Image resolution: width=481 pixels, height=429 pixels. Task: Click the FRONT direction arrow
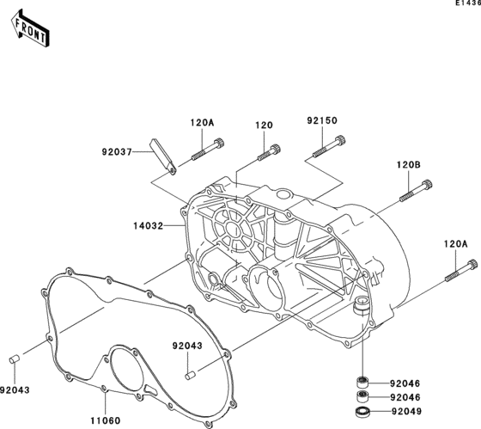pos(30,28)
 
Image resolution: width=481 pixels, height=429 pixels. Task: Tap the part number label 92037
pos(117,151)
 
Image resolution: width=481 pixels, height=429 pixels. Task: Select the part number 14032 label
pos(148,226)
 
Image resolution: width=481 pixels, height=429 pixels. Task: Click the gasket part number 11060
pos(106,420)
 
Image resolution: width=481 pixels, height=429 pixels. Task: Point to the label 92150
pos(322,120)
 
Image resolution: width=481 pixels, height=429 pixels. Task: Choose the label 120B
pos(409,165)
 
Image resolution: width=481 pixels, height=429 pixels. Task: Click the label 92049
pos(406,411)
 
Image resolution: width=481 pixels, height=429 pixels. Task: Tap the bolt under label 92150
pos(329,146)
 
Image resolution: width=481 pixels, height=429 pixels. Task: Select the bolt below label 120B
pos(416,191)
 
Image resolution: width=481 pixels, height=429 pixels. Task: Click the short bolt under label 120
pos(269,153)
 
